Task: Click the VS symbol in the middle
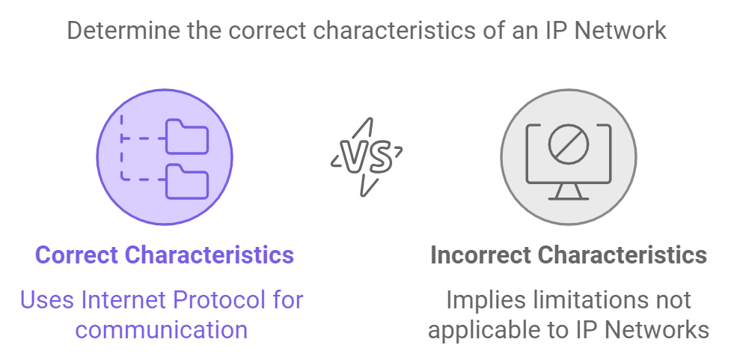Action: [367, 157]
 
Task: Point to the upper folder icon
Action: [187, 137]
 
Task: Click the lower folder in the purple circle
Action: [187, 182]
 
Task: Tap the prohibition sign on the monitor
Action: [569, 144]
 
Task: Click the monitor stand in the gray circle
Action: [569, 192]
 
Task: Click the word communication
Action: [161, 329]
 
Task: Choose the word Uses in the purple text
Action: [48, 299]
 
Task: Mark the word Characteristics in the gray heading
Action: [622, 255]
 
